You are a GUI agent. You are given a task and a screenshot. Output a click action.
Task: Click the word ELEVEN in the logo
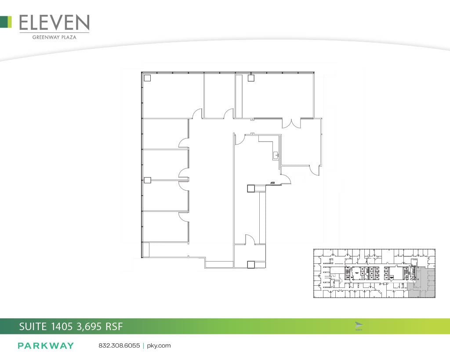[x=54, y=23]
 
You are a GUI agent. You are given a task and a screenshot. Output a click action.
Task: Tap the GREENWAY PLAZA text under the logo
[x=54, y=37]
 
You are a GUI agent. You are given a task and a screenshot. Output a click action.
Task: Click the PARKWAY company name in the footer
[x=46, y=345]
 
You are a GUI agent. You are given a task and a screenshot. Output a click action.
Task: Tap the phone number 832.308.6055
[x=119, y=345]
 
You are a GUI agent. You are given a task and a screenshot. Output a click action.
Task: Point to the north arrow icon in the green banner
[x=359, y=325]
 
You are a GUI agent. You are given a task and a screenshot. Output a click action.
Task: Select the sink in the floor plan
[x=276, y=155]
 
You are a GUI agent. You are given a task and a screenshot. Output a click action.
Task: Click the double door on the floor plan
[x=291, y=123]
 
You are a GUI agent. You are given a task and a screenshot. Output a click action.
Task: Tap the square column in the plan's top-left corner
[x=148, y=78]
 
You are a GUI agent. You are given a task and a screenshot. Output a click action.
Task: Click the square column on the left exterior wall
[x=148, y=180]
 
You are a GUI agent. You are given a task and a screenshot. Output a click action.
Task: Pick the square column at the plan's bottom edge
[x=251, y=264]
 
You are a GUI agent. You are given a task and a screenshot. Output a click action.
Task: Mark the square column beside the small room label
[x=251, y=188]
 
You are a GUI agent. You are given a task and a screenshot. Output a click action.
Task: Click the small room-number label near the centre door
[x=273, y=182]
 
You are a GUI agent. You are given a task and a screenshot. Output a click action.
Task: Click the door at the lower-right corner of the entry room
[x=315, y=169]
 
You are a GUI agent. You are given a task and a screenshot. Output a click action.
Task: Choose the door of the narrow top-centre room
[x=229, y=114]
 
